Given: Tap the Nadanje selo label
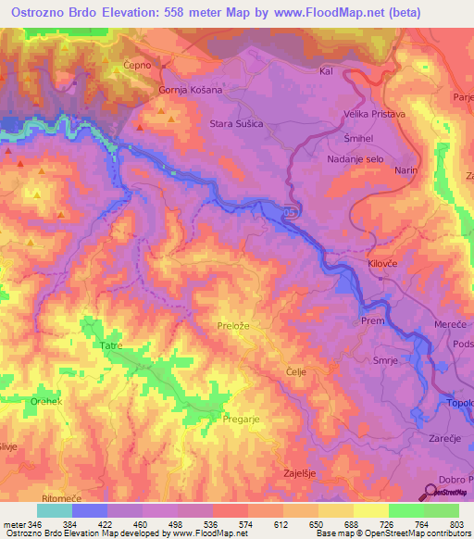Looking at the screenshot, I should [x=356, y=158].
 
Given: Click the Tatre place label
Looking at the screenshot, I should [x=112, y=345].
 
